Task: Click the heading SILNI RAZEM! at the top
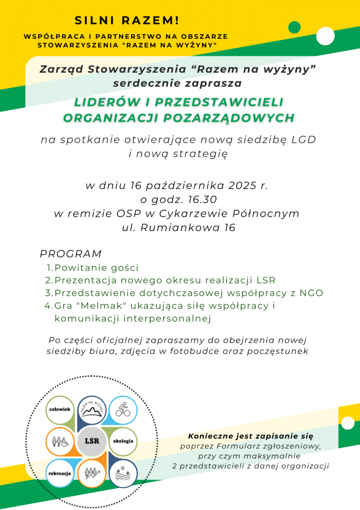pyautogui.click(x=127, y=21)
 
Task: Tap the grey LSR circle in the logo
pyautogui.click(x=91, y=441)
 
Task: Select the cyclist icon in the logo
pyautogui.click(x=123, y=410)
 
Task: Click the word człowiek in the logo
pyautogui.click(x=59, y=410)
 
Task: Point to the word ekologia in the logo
pyautogui.click(x=123, y=441)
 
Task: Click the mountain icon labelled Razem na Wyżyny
pyautogui.click(x=91, y=410)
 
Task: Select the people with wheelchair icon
pyautogui.click(x=59, y=441)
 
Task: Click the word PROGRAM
pyautogui.click(x=71, y=254)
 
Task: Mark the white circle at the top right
pyautogui.click(x=324, y=37)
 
